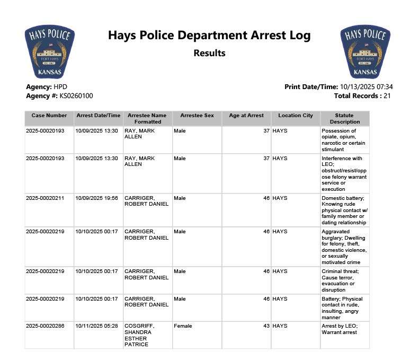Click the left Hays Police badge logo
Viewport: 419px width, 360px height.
(49, 52)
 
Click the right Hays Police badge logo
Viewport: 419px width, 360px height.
(365, 52)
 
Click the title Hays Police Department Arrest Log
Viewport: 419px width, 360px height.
(209, 36)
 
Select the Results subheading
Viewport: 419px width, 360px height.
(209, 53)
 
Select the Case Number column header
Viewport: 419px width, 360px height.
(49, 116)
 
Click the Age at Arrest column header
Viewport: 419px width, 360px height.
(246, 116)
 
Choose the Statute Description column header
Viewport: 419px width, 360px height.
(344, 118)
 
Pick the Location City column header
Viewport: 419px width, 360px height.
(296, 116)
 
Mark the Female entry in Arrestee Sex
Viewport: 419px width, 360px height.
(183, 326)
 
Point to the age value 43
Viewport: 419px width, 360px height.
(266, 326)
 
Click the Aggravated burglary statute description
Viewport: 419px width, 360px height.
(344, 247)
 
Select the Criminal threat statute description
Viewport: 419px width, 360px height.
(341, 280)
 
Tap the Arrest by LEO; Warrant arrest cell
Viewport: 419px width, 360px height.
(340, 329)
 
